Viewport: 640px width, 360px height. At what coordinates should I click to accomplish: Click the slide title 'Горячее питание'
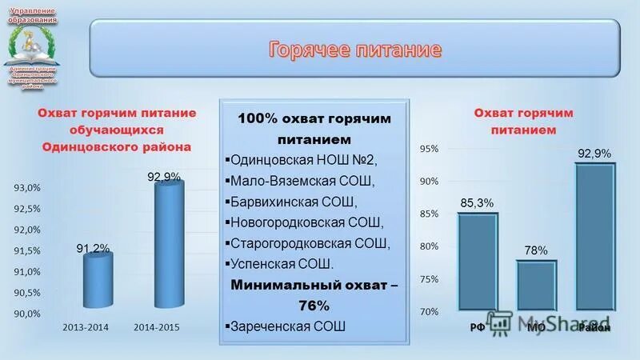(354, 50)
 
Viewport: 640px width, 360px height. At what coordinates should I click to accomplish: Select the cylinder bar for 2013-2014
(98, 279)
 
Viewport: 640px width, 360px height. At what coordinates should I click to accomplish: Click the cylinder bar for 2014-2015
(169, 245)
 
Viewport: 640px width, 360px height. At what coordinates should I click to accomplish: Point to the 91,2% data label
(93, 249)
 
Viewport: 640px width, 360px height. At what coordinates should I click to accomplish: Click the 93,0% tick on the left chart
(27, 188)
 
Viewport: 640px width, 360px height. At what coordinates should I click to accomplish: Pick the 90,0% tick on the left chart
(27, 314)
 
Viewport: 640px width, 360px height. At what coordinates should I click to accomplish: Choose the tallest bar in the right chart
(595, 237)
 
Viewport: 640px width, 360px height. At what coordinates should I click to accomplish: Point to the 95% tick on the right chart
(429, 149)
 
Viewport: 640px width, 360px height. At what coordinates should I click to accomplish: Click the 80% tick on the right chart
(429, 246)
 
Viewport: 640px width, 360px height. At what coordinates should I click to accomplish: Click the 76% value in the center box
(314, 305)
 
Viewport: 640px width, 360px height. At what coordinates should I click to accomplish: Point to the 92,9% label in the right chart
(594, 153)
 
